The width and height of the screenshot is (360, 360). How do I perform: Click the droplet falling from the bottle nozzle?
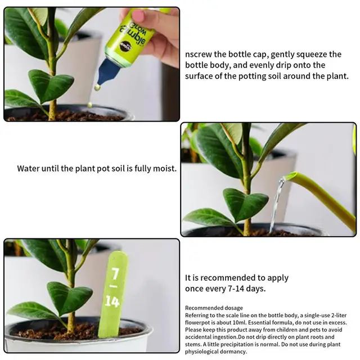click(x=97, y=88)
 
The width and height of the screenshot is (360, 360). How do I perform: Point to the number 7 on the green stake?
click(x=115, y=275)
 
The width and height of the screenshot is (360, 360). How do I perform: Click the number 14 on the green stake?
click(x=112, y=301)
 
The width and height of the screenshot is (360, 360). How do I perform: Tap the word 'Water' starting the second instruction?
click(x=29, y=168)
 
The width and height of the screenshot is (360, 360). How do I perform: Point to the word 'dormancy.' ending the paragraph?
click(x=231, y=352)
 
